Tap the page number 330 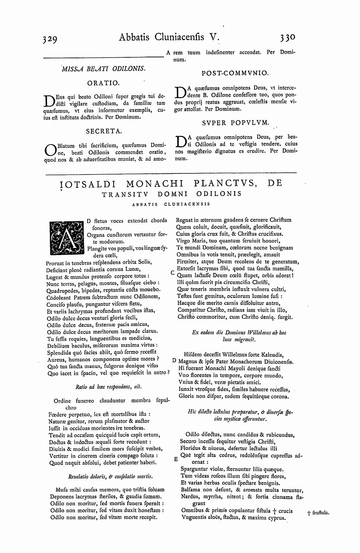tap(288, 37)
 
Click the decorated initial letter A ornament tap(65, 238)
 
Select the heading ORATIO tap(103, 83)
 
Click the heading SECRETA tap(103, 131)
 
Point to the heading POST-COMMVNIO tap(235, 73)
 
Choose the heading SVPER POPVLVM tap(235, 123)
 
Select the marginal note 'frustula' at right tap(320, 513)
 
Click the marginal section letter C tap(172, 272)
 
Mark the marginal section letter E tap(176, 459)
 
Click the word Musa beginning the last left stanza tap(62, 489)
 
